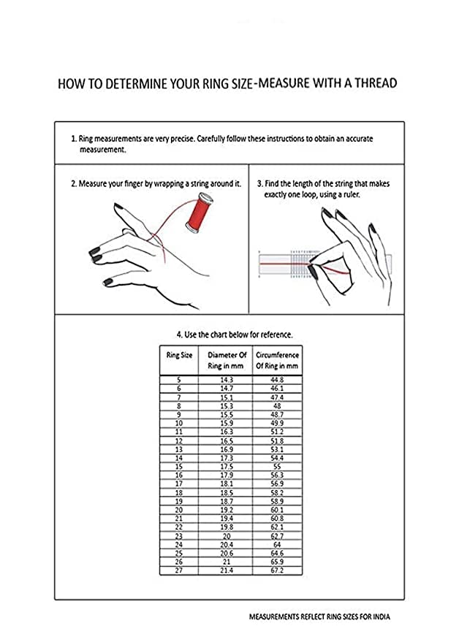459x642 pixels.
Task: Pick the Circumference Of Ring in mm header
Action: (x=277, y=360)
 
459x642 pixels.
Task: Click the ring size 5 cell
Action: (x=179, y=381)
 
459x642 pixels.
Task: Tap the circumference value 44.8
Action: (x=277, y=381)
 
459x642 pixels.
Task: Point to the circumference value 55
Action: (x=277, y=465)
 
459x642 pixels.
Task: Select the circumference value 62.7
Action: (x=277, y=535)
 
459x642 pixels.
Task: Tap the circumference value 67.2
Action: (x=277, y=570)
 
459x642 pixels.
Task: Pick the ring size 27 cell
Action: (x=179, y=570)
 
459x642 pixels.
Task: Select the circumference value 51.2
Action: (x=277, y=432)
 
